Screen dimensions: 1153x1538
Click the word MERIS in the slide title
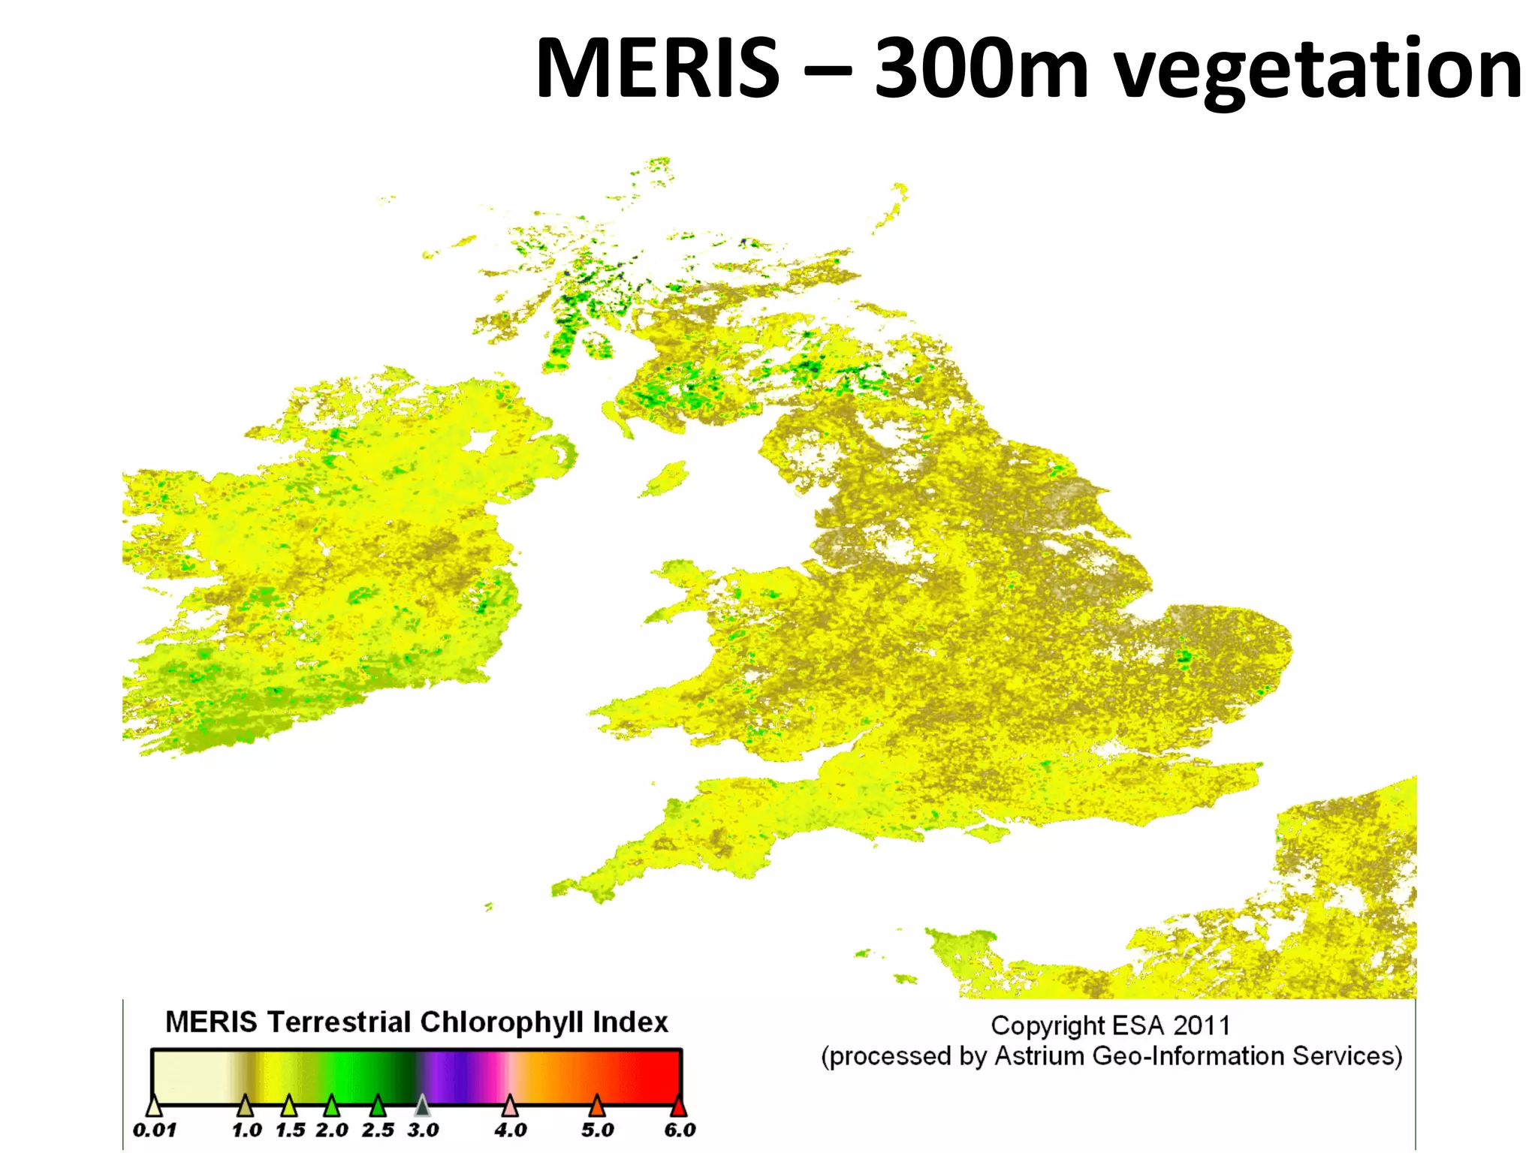[658, 69]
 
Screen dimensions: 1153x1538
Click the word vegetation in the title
[1318, 71]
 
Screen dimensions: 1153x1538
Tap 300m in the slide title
[982, 69]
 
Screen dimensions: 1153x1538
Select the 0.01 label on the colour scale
[154, 1130]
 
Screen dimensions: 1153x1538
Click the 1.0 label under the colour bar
[246, 1130]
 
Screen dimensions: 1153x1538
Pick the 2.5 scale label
[378, 1130]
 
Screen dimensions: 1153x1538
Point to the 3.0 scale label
[423, 1130]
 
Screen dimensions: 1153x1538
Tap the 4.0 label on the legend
[511, 1130]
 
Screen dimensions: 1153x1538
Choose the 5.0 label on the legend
[597, 1130]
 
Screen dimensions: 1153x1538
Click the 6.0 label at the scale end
[680, 1130]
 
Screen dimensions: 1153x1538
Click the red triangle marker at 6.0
[678, 1106]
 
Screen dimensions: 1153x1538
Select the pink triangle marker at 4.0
[510, 1106]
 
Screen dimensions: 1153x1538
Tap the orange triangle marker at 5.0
[596, 1106]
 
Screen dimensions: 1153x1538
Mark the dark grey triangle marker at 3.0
[422, 1106]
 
